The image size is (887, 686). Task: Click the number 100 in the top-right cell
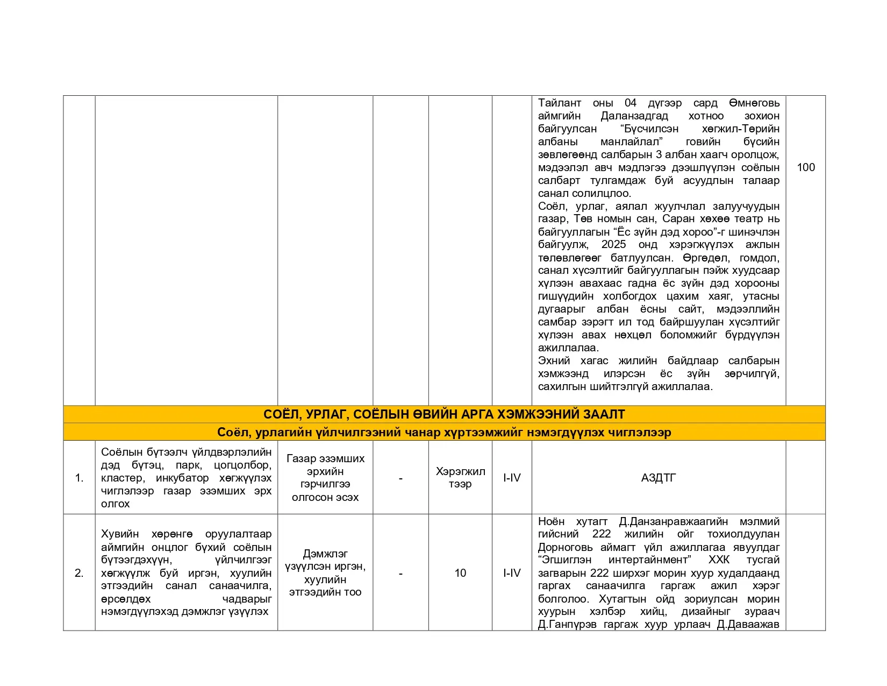coord(805,167)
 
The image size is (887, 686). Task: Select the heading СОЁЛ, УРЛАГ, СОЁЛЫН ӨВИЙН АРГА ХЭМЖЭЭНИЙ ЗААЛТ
coord(444,414)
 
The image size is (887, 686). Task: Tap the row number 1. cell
coord(79,478)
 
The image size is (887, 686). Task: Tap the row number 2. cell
coord(79,573)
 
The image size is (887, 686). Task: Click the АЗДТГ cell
coord(659,478)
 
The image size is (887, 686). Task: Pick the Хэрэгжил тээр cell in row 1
coord(460,478)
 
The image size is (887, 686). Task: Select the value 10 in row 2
coord(460,573)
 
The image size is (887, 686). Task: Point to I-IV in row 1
coord(512,478)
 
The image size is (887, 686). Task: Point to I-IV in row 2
coord(512,573)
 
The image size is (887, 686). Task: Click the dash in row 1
coord(400,478)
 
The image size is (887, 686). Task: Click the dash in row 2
coord(400,573)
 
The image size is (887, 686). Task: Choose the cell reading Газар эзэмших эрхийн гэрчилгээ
coord(325,478)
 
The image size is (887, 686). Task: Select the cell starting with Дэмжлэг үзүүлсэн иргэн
coord(325,573)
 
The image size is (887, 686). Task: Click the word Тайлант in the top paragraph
coord(560,103)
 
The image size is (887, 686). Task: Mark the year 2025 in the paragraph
coord(613,244)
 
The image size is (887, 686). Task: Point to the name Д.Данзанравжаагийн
coord(674,521)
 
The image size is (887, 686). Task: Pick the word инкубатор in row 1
coord(182,478)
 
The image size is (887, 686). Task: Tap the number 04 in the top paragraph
coord(631,103)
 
